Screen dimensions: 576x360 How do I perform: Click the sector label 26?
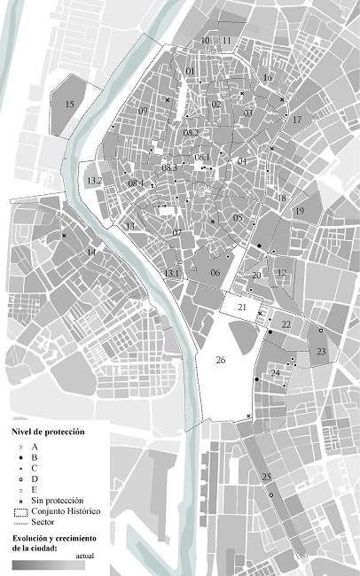pyautogui.click(x=221, y=361)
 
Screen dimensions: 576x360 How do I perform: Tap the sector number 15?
pyautogui.click(x=69, y=105)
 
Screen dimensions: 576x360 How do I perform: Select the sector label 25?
pyautogui.click(x=266, y=478)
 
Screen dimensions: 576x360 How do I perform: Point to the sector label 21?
pyautogui.click(x=241, y=306)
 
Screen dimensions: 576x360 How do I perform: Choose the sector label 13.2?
pyautogui.click(x=95, y=181)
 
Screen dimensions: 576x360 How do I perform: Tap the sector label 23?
pyautogui.click(x=321, y=352)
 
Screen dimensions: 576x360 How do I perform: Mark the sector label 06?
pyautogui.click(x=215, y=273)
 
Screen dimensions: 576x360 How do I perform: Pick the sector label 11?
pyautogui.click(x=226, y=41)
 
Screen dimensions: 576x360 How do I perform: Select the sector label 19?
pyautogui.click(x=300, y=210)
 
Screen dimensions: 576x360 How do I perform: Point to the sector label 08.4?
pyautogui.click(x=136, y=183)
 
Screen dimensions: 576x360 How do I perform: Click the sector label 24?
pyautogui.click(x=275, y=373)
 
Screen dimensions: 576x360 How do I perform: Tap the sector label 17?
pyautogui.click(x=296, y=120)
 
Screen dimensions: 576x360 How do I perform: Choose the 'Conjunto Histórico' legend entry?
pyautogui.click(x=67, y=512)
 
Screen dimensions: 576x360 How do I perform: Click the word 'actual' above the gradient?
pyautogui.click(x=84, y=556)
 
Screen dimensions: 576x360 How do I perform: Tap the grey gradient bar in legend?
pyautogui.click(x=48, y=564)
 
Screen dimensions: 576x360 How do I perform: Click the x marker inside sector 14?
pyautogui.click(x=64, y=235)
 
